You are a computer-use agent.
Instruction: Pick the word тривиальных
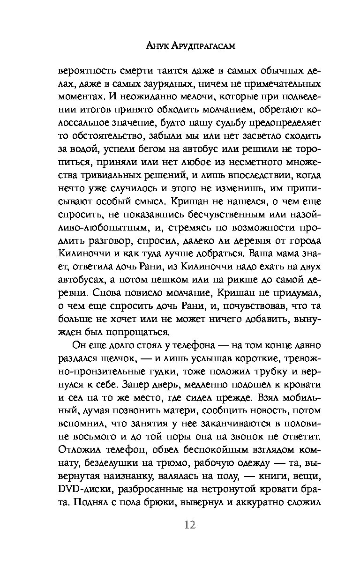click(x=109, y=176)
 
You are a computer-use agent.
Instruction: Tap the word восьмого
click(x=82, y=435)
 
